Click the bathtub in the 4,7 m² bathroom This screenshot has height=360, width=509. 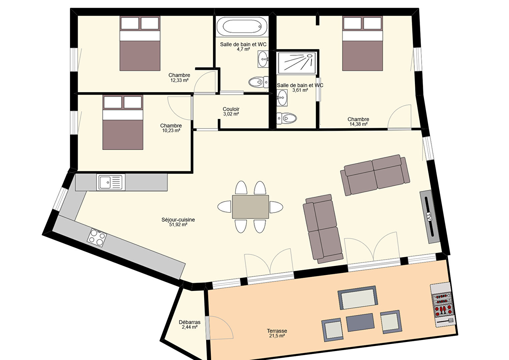pos(242,26)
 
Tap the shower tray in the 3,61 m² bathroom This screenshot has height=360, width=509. pos(297,62)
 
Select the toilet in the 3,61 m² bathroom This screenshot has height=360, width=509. pos(287,118)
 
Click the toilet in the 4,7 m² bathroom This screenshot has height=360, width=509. pos(259,82)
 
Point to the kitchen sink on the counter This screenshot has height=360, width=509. pos(111,182)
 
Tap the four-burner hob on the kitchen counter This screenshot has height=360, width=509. pos(97,238)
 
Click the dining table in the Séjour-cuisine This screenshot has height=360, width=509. pos(250,207)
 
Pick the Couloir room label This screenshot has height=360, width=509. pos(231,109)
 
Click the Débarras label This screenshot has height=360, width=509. pos(189,322)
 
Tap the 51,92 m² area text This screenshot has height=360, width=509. pos(178,225)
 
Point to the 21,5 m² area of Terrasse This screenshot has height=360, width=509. pos(277,336)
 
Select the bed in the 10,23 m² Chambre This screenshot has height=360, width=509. pos(123,122)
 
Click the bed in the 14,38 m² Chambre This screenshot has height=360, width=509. pos(363,43)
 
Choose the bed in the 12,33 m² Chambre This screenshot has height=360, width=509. pos(140,43)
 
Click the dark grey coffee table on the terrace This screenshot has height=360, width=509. pos(360,322)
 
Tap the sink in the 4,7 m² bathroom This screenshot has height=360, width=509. pos(263,59)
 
